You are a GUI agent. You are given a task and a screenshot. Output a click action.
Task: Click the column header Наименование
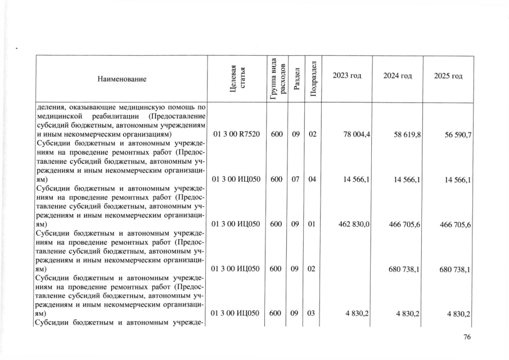[121, 79]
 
